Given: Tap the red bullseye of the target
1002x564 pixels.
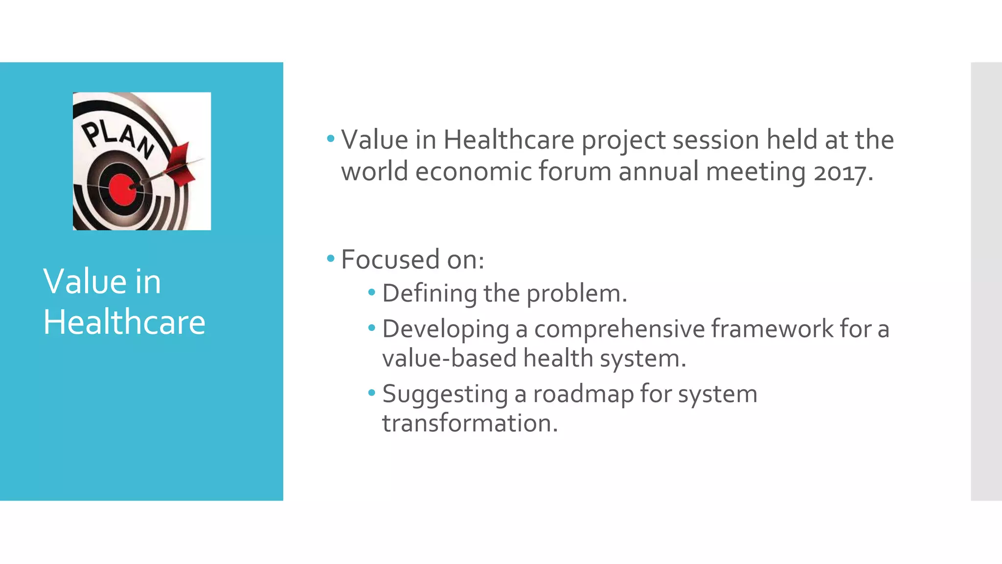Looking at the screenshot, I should pyautogui.click(x=122, y=189).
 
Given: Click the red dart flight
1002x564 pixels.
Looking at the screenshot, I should pyautogui.click(x=182, y=164).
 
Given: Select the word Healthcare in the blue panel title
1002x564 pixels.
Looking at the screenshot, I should pyautogui.click(x=124, y=322).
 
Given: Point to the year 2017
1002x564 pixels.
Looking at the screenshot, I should pyautogui.click(x=843, y=172).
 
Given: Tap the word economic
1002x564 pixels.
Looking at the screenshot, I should pyautogui.click(x=473, y=172).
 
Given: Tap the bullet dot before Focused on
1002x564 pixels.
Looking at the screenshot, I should pyautogui.click(x=331, y=258).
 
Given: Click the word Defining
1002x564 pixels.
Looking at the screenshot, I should pyautogui.click(x=429, y=294).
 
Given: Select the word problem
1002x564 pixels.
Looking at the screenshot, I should pyautogui.click(x=576, y=294).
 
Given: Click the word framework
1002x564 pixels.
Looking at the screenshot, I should pyautogui.click(x=772, y=329).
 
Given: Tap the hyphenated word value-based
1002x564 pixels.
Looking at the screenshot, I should pyautogui.click(x=449, y=358).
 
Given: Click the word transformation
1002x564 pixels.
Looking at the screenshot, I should pyautogui.click(x=470, y=423).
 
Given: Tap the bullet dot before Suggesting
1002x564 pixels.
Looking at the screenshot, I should pyautogui.click(x=372, y=392).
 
